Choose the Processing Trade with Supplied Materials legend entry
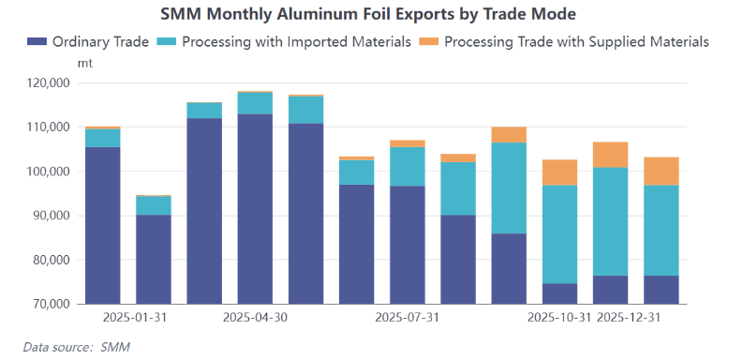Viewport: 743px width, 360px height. coord(563,42)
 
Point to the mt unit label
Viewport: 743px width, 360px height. coord(83,63)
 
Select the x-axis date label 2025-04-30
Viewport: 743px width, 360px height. coord(254,318)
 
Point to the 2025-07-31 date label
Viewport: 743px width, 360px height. coord(407,318)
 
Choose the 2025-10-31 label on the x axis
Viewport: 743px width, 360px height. coord(559,318)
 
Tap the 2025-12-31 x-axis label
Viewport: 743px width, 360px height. coord(629,318)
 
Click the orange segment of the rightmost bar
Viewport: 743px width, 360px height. coord(661,171)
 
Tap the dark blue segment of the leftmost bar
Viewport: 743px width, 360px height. coord(102,225)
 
